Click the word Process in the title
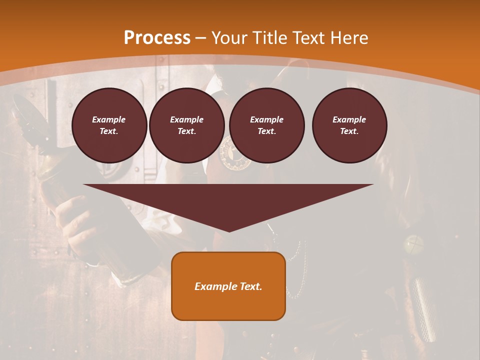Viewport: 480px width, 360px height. coord(157,37)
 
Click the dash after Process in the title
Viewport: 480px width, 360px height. coord(200,38)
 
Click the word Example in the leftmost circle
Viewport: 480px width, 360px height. coord(109,119)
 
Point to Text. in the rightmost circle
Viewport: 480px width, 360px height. coord(349,131)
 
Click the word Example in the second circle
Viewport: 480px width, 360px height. coord(187,119)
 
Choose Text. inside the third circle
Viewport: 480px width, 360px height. coord(267,131)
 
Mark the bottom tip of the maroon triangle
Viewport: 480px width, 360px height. coord(229,230)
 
